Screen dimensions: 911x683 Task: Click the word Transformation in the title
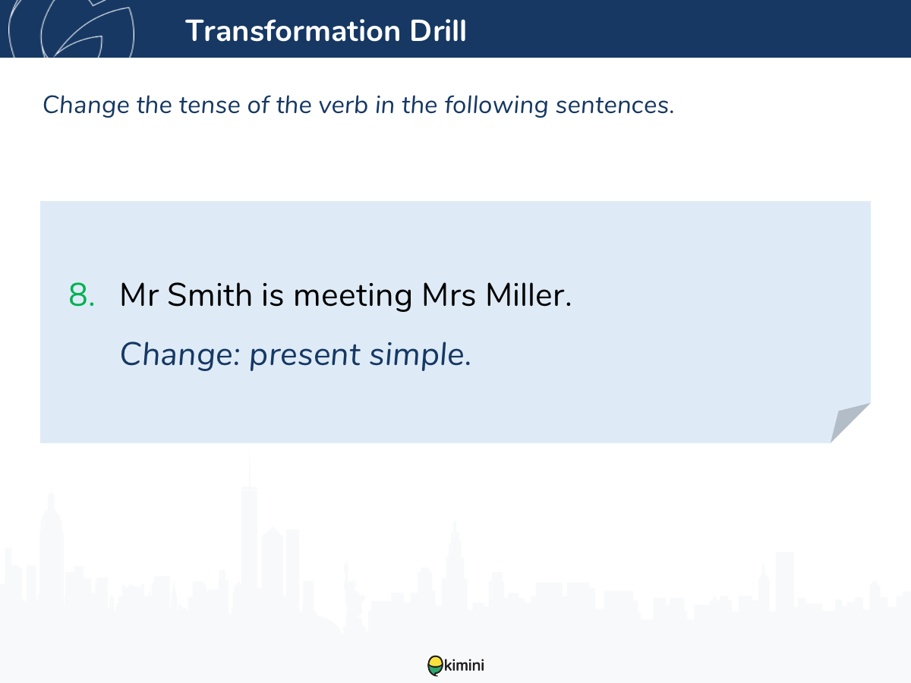coord(293,30)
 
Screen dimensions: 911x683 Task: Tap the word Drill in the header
coord(438,30)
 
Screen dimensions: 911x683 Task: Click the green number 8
coord(81,295)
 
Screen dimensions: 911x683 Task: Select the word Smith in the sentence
coord(210,295)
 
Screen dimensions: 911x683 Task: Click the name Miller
coord(528,295)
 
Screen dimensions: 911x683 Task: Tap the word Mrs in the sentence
coord(449,295)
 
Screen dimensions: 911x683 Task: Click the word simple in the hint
coord(421,355)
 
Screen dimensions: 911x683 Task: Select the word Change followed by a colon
coord(180,355)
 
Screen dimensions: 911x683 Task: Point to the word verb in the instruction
coord(343,105)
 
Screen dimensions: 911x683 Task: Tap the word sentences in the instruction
coord(615,105)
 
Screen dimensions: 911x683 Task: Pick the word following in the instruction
coord(496,105)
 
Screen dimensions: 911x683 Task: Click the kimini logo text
coord(464,666)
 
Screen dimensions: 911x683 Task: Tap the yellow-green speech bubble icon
coord(435,666)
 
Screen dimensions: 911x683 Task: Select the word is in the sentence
coord(273,295)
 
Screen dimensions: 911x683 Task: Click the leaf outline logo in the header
coord(71,29)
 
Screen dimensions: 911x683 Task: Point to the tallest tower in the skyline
coord(250,539)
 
